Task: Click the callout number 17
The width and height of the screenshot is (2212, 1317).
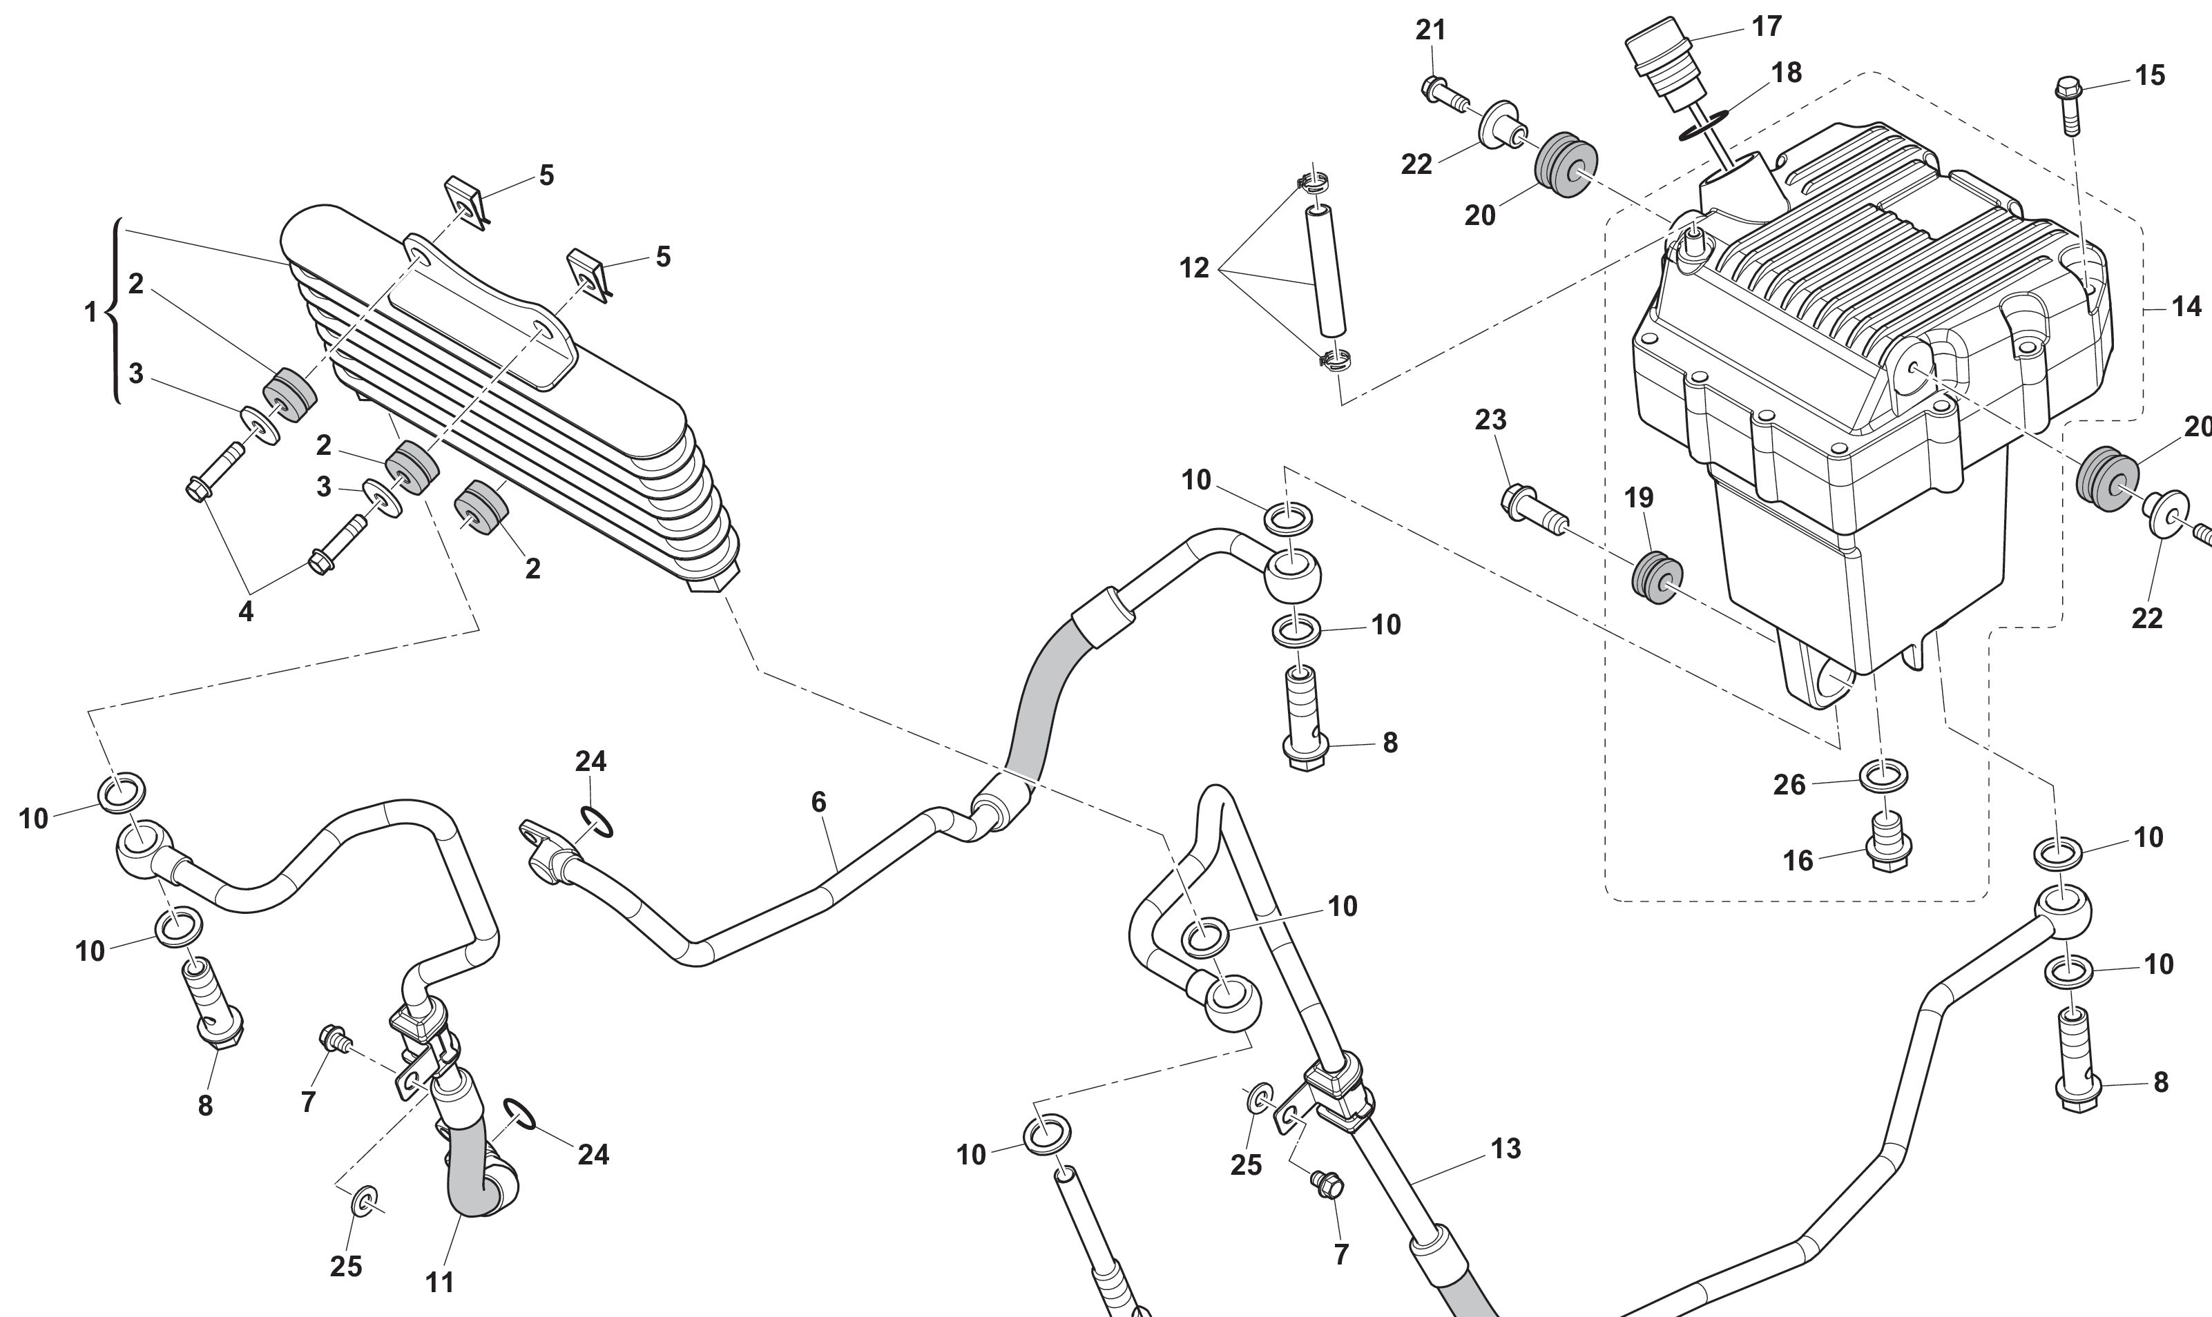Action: [1767, 27]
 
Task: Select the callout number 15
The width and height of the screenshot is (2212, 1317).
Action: [2150, 75]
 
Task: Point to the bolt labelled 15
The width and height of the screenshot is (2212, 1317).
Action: [2069, 102]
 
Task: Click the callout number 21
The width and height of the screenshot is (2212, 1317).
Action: [1431, 30]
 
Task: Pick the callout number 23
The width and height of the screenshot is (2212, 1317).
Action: [1490, 419]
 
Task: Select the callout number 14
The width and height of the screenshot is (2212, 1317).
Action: [2186, 307]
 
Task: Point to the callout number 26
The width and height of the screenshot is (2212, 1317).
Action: [1789, 785]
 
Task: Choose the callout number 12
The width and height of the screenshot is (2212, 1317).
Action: [1194, 267]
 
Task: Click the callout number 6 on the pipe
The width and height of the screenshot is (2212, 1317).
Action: [818, 802]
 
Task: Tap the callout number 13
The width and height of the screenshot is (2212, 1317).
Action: [1506, 1149]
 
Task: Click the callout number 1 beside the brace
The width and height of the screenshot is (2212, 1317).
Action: [90, 313]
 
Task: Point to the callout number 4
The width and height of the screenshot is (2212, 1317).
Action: [246, 611]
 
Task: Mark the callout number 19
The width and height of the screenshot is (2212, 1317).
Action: [1639, 498]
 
